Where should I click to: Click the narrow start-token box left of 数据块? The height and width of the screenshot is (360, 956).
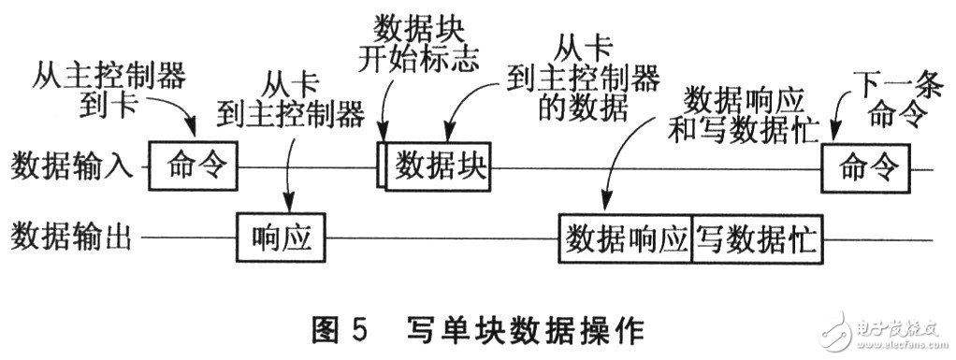pyautogui.click(x=381, y=166)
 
